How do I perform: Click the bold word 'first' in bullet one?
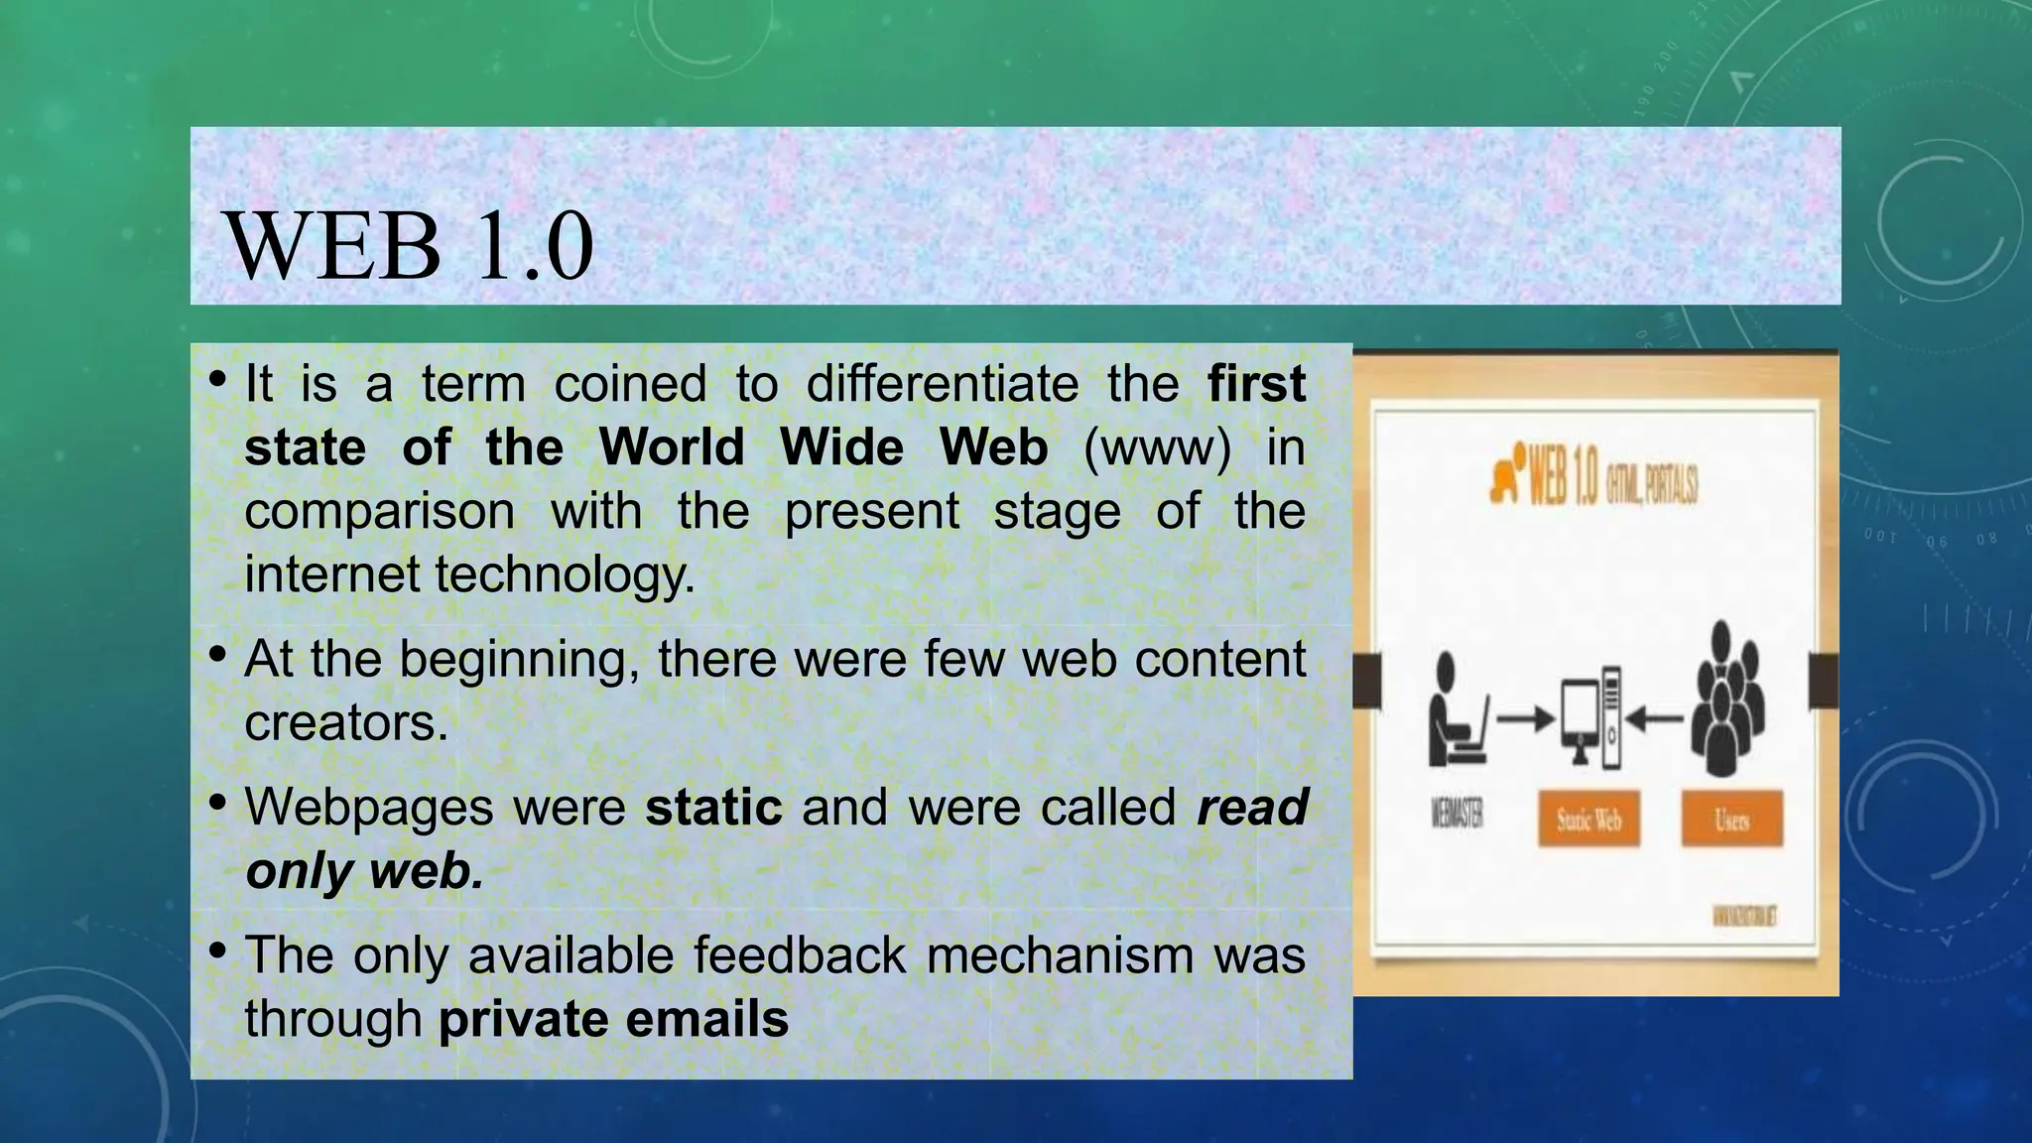(x=1256, y=384)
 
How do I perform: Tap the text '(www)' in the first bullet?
(x=1157, y=447)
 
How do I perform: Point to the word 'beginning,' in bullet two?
(x=519, y=659)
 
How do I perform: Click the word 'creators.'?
(x=346, y=722)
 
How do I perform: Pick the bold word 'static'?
(x=713, y=807)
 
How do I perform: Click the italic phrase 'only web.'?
(x=364, y=871)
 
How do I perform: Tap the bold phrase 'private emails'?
(x=613, y=1019)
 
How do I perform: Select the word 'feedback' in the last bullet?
(x=799, y=955)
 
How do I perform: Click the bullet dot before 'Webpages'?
(x=218, y=801)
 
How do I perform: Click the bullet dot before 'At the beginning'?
(x=218, y=653)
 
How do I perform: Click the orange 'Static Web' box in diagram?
(x=1588, y=820)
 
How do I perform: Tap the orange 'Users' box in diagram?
(x=1731, y=820)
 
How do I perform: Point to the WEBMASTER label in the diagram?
(x=1457, y=815)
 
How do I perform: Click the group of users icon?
(x=1727, y=699)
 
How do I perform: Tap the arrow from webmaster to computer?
(x=1524, y=718)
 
